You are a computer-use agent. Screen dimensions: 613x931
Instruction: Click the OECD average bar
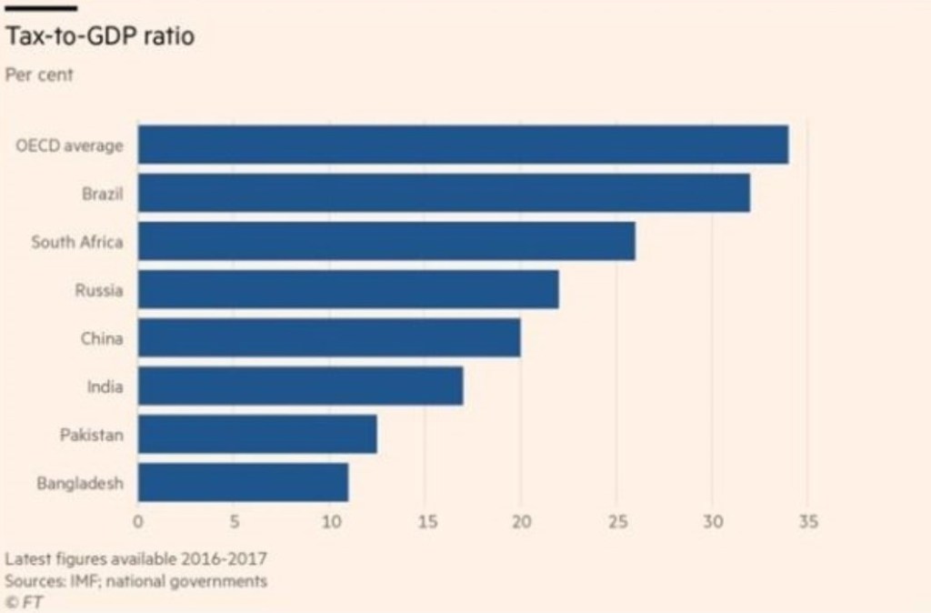463,145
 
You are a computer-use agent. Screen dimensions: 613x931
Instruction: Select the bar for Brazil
444,193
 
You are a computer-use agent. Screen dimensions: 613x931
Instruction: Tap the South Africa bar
386,241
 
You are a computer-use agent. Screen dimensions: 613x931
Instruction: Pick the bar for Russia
348,290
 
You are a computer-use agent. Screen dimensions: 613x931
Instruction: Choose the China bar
329,338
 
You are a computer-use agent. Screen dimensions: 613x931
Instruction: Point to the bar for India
300,387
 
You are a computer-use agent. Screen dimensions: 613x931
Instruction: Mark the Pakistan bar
257,435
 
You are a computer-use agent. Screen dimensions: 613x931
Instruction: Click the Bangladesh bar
243,483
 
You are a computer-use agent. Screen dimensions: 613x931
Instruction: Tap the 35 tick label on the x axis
807,523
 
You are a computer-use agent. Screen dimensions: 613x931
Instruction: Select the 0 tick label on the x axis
138,523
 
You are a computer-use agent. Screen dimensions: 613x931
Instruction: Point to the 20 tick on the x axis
520,523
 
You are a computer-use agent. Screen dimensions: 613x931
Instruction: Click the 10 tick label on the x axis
329,523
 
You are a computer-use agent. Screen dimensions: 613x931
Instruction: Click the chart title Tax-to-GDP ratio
100,39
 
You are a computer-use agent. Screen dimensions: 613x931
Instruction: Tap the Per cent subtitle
40,75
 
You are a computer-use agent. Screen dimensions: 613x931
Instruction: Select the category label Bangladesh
80,484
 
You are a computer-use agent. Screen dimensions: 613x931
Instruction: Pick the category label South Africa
77,242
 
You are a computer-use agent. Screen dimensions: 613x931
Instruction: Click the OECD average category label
69,146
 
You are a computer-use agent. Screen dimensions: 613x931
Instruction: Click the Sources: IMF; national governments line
136,580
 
